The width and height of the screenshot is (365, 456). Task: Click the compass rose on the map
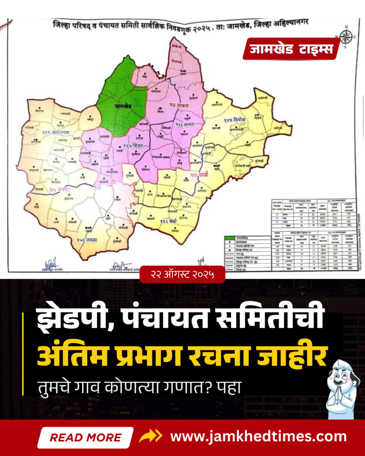point(346,37)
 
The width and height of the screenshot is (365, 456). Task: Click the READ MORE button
point(85,437)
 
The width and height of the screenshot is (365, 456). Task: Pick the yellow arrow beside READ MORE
point(150,436)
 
